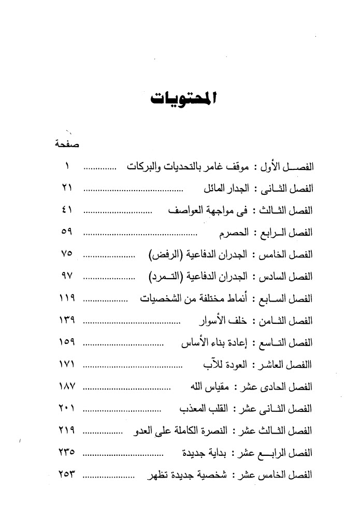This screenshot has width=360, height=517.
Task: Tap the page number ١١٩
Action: pos(66,299)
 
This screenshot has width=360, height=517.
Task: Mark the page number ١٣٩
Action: pos(66,321)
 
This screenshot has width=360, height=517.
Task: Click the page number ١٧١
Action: pos(66,365)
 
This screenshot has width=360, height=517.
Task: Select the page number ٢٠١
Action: pos(66,409)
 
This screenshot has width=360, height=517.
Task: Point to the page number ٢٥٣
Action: pos(66,473)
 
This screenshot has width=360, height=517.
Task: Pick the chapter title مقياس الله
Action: pos(205,387)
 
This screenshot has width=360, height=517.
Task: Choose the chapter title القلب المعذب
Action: pos(202,409)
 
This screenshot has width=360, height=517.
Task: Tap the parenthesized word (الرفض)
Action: pos(164,256)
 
